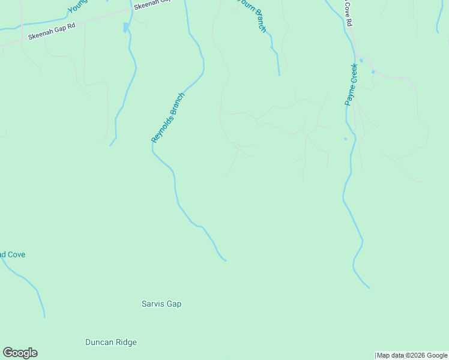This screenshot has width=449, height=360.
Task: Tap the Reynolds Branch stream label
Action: (x=167, y=117)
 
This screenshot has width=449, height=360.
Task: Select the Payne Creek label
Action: (x=351, y=85)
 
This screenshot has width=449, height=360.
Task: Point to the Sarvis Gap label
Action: (x=161, y=304)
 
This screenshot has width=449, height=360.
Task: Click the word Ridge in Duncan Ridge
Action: (x=124, y=343)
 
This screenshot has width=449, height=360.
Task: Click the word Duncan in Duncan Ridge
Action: (x=97, y=343)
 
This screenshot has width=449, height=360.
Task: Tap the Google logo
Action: (x=20, y=353)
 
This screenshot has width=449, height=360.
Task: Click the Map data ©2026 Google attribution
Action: (x=412, y=356)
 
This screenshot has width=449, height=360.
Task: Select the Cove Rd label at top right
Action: (x=348, y=13)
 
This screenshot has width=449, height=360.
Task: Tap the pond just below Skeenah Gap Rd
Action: (x=125, y=28)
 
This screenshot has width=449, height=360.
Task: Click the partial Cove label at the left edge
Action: (x=13, y=254)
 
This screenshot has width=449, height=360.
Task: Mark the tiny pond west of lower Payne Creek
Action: (x=345, y=139)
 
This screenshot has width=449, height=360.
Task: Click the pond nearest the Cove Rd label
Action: (x=361, y=61)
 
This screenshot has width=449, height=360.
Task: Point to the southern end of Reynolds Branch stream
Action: (x=226, y=260)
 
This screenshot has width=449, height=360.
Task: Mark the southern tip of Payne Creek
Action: (x=369, y=287)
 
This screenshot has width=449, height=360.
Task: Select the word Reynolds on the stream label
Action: (x=162, y=125)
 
